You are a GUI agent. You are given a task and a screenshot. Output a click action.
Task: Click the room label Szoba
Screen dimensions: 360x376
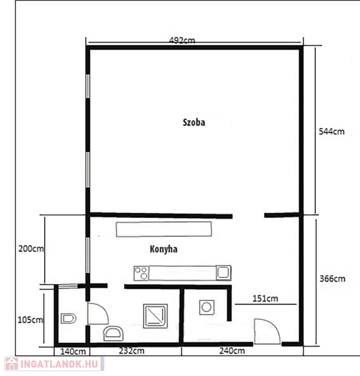click(x=194, y=122)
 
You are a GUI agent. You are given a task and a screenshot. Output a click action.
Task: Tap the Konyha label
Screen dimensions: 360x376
click(x=164, y=249)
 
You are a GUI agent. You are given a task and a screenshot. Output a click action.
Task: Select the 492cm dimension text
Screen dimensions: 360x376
click(x=182, y=40)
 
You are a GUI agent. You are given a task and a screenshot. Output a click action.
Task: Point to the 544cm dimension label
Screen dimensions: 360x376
click(x=332, y=131)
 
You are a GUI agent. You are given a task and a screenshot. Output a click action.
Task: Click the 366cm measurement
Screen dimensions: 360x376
click(x=333, y=279)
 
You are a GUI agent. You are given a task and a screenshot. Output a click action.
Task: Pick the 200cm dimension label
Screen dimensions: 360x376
click(x=31, y=249)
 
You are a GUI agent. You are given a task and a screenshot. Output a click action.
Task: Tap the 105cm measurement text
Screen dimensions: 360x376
click(x=30, y=320)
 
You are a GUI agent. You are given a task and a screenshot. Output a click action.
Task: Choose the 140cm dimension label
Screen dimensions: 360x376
click(x=73, y=352)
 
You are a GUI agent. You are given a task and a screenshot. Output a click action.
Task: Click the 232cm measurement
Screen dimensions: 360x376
click(x=132, y=351)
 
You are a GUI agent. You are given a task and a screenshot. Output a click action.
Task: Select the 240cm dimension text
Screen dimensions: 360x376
click(x=232, y=351)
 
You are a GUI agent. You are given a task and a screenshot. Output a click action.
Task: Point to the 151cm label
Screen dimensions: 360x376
click(x=265, y=299)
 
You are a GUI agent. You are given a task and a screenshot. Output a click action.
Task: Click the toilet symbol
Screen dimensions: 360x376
click(x=69, y=318)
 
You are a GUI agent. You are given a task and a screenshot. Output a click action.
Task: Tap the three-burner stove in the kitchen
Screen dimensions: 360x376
click(x=141, y=273)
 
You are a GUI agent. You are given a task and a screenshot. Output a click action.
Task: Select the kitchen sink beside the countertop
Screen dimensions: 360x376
click(x=223, y=272)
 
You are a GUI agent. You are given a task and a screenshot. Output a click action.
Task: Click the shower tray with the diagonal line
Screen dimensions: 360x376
click(x=155, y=316)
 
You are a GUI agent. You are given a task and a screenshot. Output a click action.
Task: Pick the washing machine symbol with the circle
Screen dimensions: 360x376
click(x=207, y=307)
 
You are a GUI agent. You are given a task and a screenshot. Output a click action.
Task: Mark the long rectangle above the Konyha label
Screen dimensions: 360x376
click(x=164, y=229)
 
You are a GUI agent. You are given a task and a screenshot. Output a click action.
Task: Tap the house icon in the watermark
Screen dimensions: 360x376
click(x=12, y=364)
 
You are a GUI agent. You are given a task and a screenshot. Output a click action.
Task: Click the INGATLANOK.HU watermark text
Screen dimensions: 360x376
click(x=59, y=364)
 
